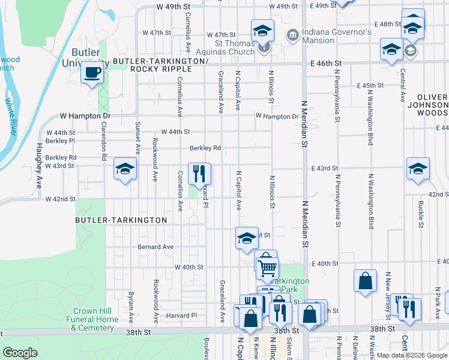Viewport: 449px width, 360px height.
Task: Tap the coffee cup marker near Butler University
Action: coord(92,73)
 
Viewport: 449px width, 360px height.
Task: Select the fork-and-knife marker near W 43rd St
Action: coord(200,173)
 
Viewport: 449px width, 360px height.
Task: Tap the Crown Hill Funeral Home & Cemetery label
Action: coord(94,319)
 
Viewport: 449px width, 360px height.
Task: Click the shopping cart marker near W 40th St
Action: coord(267,268)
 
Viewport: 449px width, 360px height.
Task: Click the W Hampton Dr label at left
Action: coord(85,116)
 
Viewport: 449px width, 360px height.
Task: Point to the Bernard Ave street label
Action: coord(155,247)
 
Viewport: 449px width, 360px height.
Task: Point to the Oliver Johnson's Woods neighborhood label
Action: coord(432,104)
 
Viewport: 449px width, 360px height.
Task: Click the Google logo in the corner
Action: coord(20,352)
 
